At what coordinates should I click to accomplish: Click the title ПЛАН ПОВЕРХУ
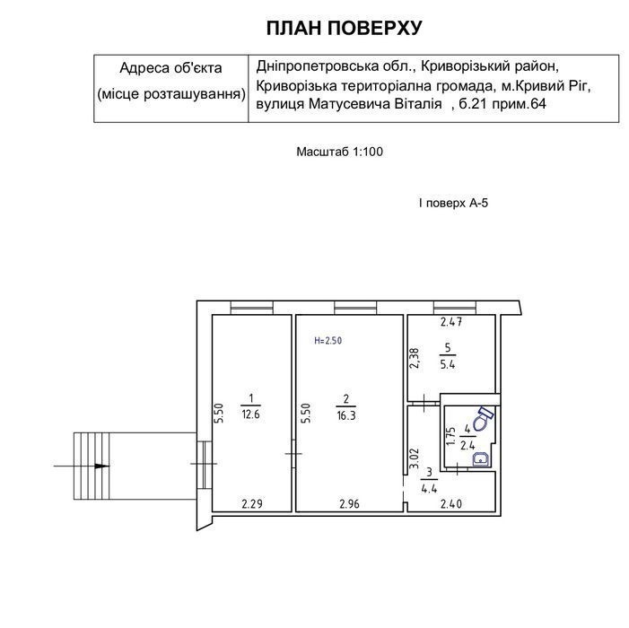point(345,28)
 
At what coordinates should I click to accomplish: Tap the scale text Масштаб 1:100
point(339,152)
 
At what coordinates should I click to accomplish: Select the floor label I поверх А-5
point(453,203)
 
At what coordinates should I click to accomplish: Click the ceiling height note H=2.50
point(328,341)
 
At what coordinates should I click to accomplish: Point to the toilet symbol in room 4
point(483,419)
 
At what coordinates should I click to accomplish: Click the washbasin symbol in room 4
point(481,459)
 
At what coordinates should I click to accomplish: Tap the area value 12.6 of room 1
point(250,414)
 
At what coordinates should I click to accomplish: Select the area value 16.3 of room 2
point(346,415)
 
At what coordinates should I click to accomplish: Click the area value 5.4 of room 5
point(448,365)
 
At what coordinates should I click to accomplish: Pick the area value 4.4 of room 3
point(429,489)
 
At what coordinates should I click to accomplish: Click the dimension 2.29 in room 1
point(252,503)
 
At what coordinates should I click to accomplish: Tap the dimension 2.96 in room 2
point(349,503)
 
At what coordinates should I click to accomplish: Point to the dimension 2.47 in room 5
point(451,321)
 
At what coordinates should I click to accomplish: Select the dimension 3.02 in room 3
point(414,458)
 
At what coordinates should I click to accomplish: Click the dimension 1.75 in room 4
point(451,436)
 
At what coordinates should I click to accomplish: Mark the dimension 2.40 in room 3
point(451,503)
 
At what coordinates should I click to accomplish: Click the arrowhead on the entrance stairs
point(102,466)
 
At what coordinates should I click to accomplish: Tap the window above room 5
point(455,307)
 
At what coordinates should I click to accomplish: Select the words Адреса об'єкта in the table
point(170,68)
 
